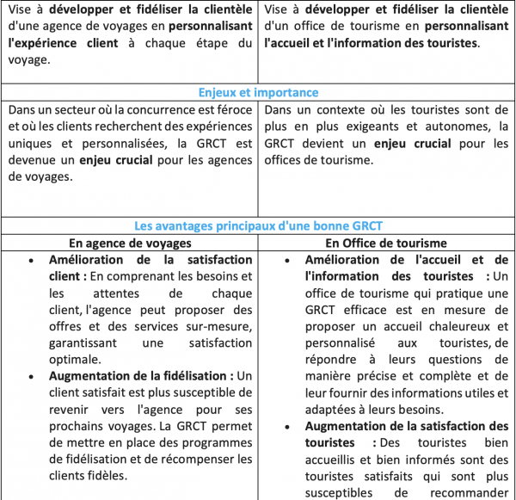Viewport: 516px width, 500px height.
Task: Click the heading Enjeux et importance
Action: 257,93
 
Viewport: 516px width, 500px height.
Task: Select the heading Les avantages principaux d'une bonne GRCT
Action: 257,226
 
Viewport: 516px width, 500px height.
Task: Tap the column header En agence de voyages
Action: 131,243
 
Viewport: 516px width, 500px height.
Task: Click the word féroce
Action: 232,110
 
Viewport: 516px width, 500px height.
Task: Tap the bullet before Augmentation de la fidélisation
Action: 32,377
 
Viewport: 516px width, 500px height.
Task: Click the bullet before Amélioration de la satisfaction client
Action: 32,260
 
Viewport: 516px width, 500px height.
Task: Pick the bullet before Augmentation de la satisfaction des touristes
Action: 288,427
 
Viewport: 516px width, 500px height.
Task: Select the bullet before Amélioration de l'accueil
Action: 288,260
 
